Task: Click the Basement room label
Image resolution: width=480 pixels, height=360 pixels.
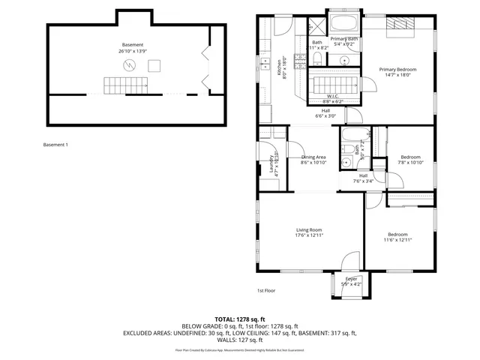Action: [x=133, y=45]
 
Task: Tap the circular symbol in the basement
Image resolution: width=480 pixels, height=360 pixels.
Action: [x=130, y=66]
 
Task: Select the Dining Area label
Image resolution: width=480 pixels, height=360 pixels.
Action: [x=313, y=157]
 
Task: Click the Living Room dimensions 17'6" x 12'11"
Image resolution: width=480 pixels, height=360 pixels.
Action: [x=308, y=236]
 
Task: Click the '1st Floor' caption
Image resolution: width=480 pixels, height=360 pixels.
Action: [x=265, y=290]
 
